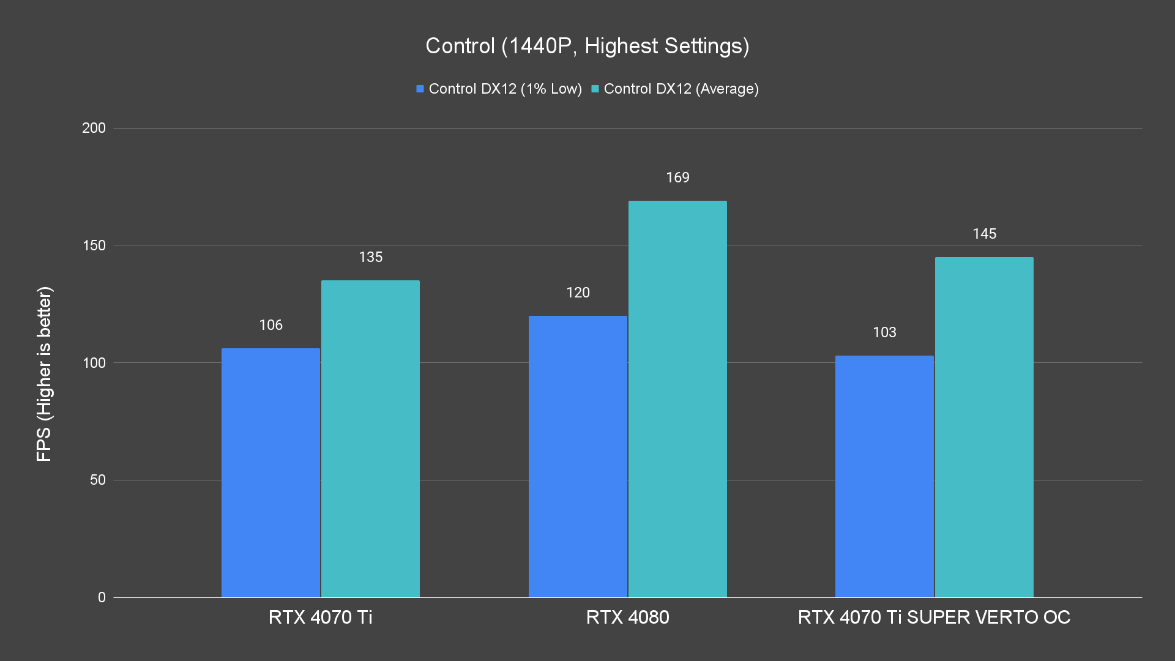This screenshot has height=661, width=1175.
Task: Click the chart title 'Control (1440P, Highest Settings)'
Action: click(587, 46)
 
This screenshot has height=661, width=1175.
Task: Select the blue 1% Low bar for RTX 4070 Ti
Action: click(270, 472)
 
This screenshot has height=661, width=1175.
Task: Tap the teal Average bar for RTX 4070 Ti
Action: click(370, 438)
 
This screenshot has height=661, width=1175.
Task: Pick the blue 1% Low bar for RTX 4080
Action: click(578, 456)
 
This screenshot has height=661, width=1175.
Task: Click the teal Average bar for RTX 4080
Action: click(677, 399)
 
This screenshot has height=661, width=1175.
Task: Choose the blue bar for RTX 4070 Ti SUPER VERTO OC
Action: click(884, 476)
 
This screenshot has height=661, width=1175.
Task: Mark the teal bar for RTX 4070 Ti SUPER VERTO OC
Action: click(984, 427)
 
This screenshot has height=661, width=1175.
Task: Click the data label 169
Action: click(677, 177)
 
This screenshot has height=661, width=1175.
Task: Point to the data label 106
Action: click(270, 325)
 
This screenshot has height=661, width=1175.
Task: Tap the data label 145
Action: click(984, 234)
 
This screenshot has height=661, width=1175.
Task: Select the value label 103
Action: click(884, 332)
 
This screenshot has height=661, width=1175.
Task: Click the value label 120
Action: click(578, 293)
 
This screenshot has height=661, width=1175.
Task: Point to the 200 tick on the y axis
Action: click(94, 128)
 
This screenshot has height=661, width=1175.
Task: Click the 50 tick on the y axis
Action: click(98, 480)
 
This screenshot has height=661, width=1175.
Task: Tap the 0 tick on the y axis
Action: click(102, 597)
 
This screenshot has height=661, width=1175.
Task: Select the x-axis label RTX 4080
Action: click(627, 617)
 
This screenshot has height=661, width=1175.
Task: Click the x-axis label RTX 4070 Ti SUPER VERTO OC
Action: click(934, 617)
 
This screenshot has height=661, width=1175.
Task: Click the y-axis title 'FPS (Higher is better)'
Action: click(44, 373)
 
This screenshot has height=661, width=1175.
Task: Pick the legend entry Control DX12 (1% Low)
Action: click(499, 89)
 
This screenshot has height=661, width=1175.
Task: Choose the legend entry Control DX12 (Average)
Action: click(675, 89)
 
